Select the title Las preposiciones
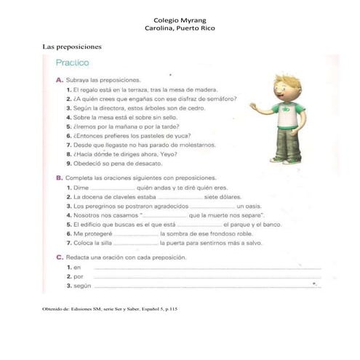tap(72, 47)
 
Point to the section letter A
tap(58, 79)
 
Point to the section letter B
tap(58, 177)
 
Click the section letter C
tap(58, 257)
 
